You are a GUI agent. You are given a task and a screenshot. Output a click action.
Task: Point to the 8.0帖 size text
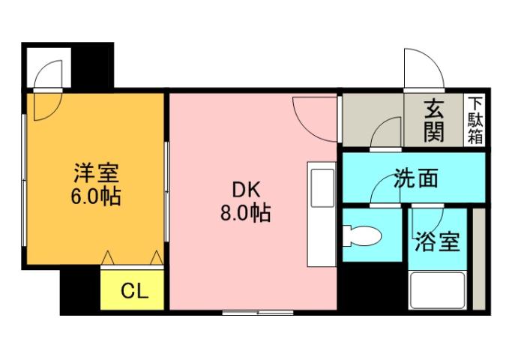click(x=244, y=214)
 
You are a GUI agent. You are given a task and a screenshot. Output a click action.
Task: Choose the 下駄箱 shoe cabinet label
click(x=475, y=120)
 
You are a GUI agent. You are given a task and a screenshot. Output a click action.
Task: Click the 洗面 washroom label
click(x=415, y=179)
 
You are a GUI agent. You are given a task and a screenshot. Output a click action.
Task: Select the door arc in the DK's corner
click(x=315, y=116)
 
